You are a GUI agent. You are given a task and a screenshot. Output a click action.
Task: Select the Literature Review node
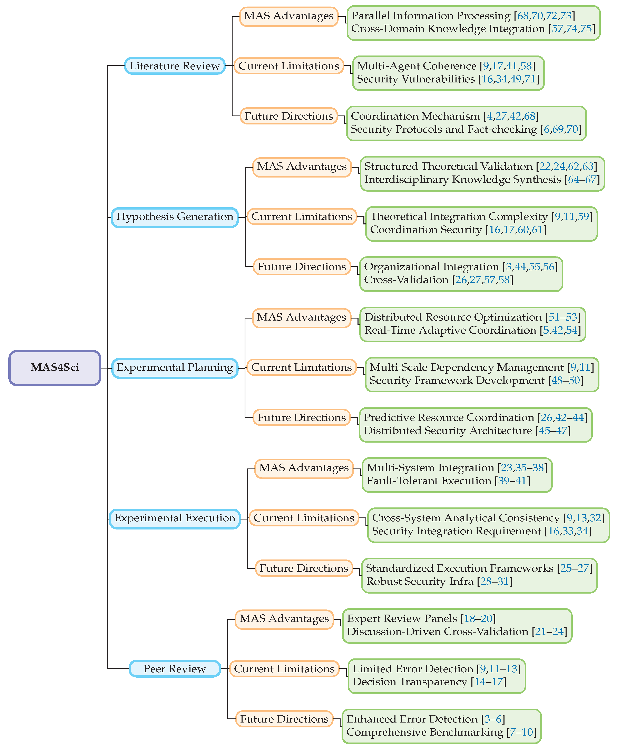pos(175,66)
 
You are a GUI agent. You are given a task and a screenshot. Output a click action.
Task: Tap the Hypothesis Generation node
pos(175,217)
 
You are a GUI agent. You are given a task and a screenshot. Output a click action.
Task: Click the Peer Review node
pos(175,669)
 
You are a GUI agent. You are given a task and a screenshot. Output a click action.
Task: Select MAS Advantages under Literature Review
pos(289,16)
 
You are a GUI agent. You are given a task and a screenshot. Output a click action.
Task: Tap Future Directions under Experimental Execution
pos(304,568)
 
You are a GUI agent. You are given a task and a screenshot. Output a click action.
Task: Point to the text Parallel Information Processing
pos(431,16)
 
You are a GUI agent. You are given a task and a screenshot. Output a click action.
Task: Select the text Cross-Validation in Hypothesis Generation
pos(406,280)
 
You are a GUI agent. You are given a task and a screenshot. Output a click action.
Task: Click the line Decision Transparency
pos(409,682)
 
